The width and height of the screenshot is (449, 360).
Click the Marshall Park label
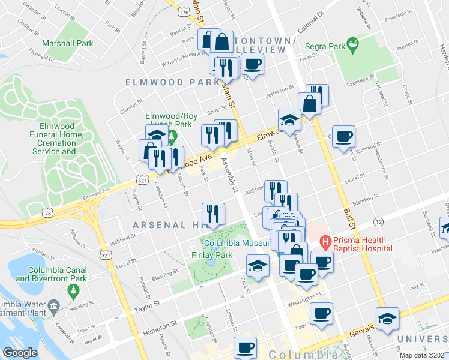(x=68, y=43)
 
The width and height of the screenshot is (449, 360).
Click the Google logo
(x=20, y=353)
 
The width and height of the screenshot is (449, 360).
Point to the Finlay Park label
(x=220, y=255)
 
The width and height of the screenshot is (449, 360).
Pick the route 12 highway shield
(x=378, y=222)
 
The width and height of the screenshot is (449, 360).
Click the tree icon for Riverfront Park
(x=73, y=291)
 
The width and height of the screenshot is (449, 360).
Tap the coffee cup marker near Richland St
(x=343, y=137)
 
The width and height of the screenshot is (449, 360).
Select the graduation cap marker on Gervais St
(x=388, y=319)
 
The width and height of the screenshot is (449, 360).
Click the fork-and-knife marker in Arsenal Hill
(x=213, y=214)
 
